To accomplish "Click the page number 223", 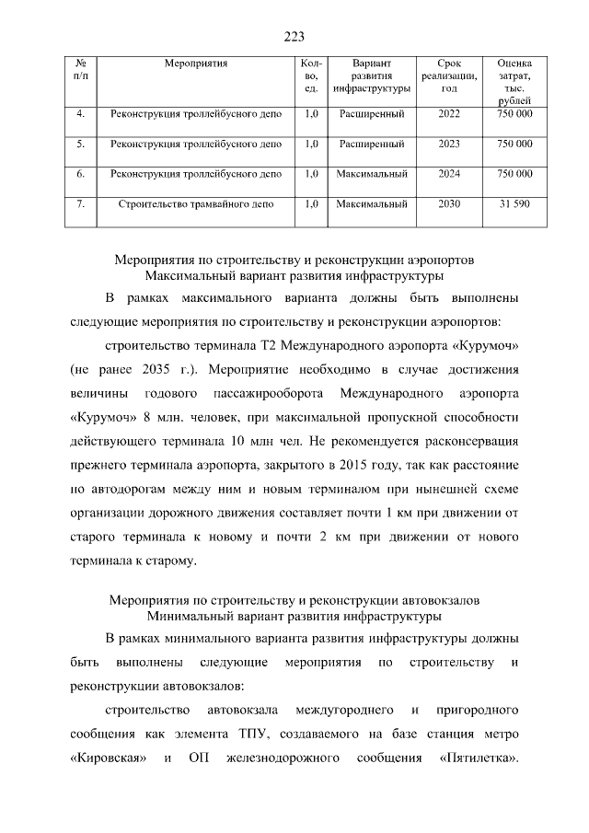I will pos(294,37).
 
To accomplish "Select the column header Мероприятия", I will pos(195,64).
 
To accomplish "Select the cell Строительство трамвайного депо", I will pos(195,202).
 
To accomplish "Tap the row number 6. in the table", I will pos(81,173).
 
